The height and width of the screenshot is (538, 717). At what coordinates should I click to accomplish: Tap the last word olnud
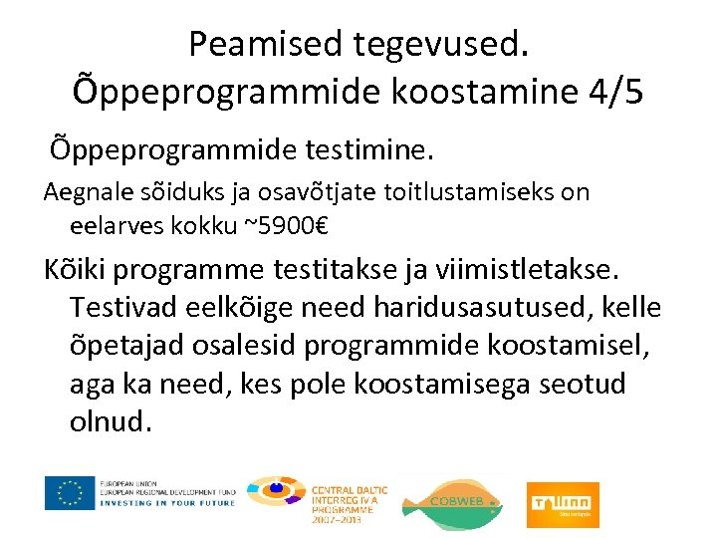tap(111, 421)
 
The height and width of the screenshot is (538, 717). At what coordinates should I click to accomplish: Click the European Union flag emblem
tap(69, 492)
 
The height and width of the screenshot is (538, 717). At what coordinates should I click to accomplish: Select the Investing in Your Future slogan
tap(166, 503)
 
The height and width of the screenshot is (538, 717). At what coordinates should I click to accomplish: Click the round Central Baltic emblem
tap(276, 492)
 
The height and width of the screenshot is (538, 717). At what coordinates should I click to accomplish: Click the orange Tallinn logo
tap(563, 502)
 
